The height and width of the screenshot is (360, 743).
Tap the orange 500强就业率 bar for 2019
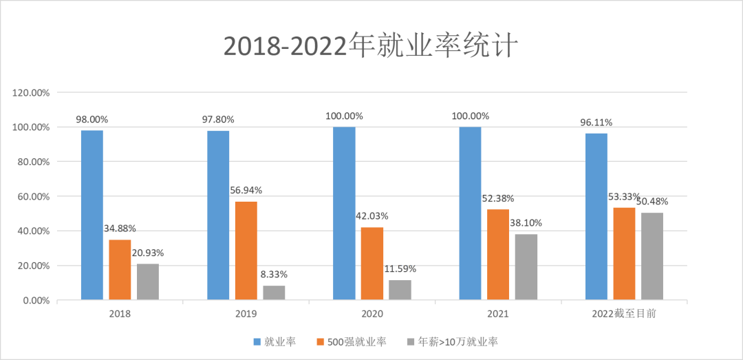point(246,251)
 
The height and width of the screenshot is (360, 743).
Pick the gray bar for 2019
point(274,293)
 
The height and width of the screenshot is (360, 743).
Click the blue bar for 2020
point(344,213)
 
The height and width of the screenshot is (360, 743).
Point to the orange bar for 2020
point(372,264)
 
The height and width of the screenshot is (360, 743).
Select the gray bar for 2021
point(526,267)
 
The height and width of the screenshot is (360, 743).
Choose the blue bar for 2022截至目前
point(596,216)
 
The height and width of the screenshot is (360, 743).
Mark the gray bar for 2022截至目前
point(652,256)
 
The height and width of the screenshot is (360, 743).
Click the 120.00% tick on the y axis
point(30,92)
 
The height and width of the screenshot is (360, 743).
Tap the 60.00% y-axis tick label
point(32,196)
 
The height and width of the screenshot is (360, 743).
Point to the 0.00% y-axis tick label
point(34,300)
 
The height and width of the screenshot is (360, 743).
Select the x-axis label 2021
point(498,314)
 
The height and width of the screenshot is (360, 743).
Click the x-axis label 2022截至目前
point(624,314)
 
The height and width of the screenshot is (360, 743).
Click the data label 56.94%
point(246,191)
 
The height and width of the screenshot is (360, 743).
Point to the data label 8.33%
point(274,274)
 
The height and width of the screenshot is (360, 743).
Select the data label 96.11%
point(596,123)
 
